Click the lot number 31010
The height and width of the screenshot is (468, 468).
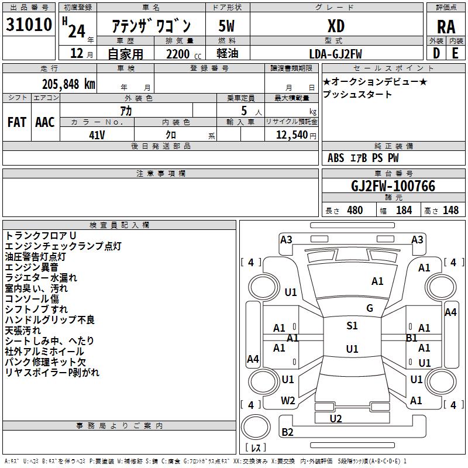pos(29,25)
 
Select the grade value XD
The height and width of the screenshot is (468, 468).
pos(336,26)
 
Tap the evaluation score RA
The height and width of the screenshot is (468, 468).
pos(446,27)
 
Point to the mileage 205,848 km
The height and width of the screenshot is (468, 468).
pos(68,84)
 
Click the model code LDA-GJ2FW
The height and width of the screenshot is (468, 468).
pos(335,54)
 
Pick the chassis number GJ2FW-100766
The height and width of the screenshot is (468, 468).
pos(393,186)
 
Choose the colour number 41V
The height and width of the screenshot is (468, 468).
pos(97,135)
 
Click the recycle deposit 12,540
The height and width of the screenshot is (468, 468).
pos(292,135)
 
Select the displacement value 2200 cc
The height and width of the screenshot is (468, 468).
pos(184,54)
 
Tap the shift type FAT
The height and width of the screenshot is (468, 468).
pos(17,122)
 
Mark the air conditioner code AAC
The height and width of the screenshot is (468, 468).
pos(45,122)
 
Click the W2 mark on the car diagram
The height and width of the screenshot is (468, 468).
pos(288,401)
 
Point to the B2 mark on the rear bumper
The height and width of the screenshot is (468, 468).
pos(287,432)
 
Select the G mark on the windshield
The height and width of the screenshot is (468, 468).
pos(370,308)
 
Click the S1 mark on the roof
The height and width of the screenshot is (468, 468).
pos(352,326)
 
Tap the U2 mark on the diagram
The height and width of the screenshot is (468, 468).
pos(336,419)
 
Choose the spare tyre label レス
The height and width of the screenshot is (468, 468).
pos(256,448)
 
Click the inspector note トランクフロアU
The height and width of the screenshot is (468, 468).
pos(41,236)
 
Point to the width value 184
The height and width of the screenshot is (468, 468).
pos(404,211)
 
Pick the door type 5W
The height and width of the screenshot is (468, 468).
pos(226,26)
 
